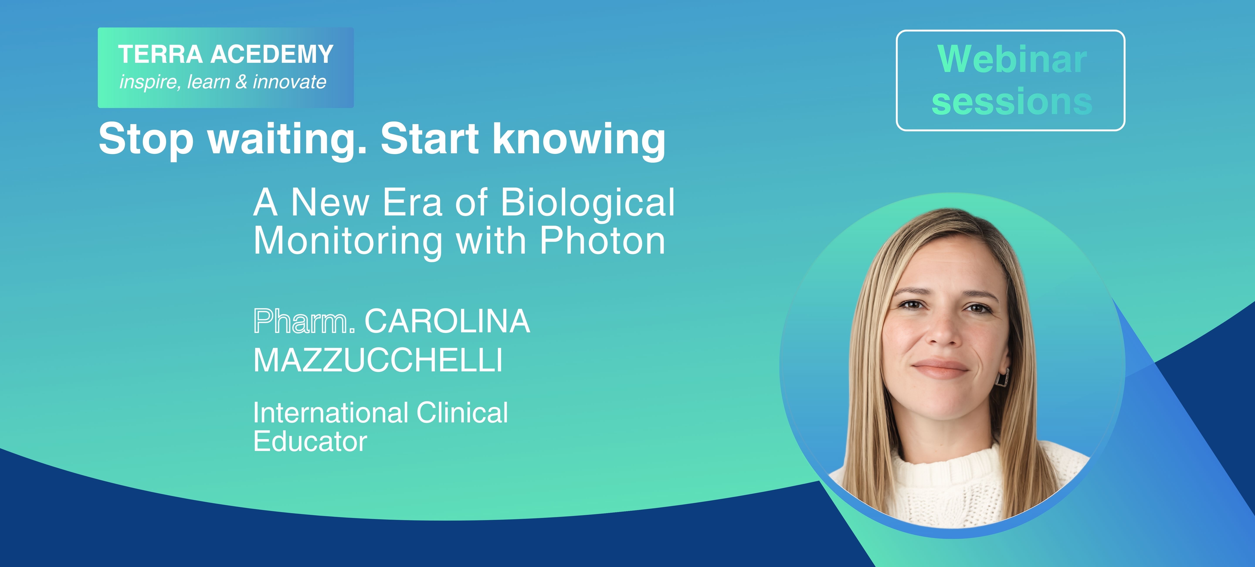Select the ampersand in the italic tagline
pyautogui.click(x=241, y=82)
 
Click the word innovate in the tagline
pyautogui.click(x=289, y=82)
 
